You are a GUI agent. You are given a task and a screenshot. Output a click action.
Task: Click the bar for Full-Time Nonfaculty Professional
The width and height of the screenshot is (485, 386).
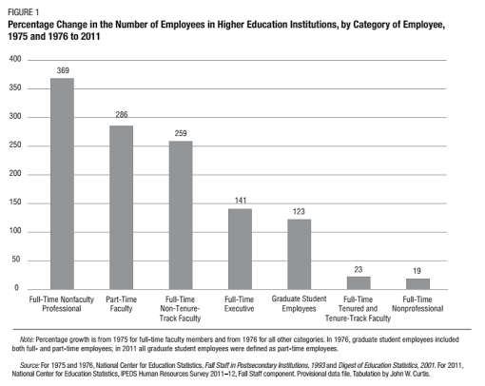tap(62, 183)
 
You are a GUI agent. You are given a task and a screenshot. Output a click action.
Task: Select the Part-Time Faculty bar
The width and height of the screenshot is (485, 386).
tap(122, 207)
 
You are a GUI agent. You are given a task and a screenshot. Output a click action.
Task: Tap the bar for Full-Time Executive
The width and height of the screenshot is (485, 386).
tap(241, 249)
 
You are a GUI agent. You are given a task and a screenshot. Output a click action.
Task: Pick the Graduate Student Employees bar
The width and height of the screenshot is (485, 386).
tap(300, 254)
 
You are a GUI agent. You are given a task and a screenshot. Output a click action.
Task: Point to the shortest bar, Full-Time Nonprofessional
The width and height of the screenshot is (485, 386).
tap(417, 284)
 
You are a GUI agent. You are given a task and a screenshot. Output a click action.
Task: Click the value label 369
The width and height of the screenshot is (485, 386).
tap(63, 70)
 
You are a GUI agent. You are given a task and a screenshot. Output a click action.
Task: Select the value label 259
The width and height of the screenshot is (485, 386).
tap(181, 133)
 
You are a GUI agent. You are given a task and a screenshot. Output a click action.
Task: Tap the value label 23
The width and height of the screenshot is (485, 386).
tap(359, 269)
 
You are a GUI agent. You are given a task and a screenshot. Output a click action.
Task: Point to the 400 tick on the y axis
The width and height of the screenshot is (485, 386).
tap(15, 59)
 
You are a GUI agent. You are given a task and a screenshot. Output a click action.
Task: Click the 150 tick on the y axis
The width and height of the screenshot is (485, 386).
tap(15, 203)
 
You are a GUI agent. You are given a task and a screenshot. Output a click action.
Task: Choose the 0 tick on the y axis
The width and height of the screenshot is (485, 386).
tap(16, 288)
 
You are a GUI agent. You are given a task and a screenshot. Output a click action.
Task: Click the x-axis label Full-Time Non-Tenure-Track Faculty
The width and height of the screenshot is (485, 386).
tap(180, 309)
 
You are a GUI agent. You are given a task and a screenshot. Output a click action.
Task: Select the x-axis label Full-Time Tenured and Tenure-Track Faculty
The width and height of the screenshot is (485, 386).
tap(358, 309)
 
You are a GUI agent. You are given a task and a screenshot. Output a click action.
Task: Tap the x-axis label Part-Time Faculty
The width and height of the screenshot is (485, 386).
tap(121, 304)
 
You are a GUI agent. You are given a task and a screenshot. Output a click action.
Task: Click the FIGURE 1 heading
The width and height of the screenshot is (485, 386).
tap(23, 12)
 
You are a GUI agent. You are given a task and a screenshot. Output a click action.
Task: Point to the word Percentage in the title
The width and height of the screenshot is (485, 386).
tap(30, 25)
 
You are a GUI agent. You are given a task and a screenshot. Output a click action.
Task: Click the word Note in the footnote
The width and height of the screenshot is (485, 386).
tap(27, 339)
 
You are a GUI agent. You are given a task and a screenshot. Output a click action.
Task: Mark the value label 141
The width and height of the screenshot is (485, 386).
tap(241, 201)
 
